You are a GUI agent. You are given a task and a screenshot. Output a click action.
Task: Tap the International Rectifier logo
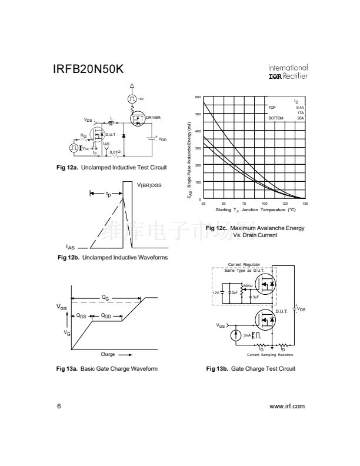click(x=288, y=72)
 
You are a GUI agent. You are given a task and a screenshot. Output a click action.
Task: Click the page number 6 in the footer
click(x=58, y=406)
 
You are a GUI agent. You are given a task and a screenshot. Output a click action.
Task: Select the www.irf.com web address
click(x=286, y=406)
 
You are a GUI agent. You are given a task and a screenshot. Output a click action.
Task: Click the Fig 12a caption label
click(x=111, y=168)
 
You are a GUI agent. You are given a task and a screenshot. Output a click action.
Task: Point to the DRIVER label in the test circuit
click(x=153, y=118)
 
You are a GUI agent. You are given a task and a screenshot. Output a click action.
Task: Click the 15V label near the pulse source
click(x=141, y=99)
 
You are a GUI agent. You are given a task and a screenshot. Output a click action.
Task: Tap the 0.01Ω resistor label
click(x=115, y=152)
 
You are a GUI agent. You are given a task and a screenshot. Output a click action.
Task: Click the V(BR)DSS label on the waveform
click(x=149, y=185)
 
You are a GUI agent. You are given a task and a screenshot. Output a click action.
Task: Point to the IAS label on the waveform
click(x=70, y=248)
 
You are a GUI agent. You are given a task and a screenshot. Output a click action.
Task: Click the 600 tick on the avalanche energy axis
click(x=198, y=97)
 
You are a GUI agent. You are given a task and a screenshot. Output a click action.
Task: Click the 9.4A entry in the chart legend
click(x=300, y=108)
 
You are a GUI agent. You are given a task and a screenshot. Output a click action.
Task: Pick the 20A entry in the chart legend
click(x=300, y=118)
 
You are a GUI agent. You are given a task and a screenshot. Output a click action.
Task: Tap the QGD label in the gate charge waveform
click(x=106, y=315)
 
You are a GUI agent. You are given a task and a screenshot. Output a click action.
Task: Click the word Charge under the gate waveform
click(x=108, y=355)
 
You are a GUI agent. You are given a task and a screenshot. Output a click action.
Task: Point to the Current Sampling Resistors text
click(x=270, y=355)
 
